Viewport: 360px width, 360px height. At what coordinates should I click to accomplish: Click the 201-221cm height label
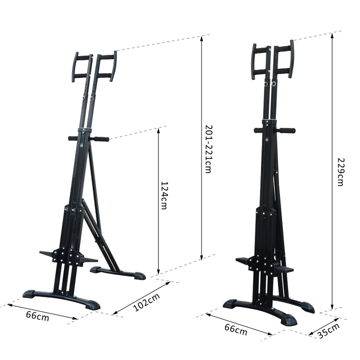pos(207,149)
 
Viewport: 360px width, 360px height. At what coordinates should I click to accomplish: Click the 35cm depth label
pos(328,333)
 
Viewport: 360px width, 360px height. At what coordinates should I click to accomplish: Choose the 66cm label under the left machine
pos(37,315)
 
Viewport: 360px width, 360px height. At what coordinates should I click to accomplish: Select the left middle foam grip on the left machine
pos(73,139)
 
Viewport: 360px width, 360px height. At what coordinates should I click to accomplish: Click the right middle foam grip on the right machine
pos(286,131)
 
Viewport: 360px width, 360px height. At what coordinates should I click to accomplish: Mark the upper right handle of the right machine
pos(291,59)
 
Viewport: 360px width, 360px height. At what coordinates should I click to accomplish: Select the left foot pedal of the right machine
pos(242,261)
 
